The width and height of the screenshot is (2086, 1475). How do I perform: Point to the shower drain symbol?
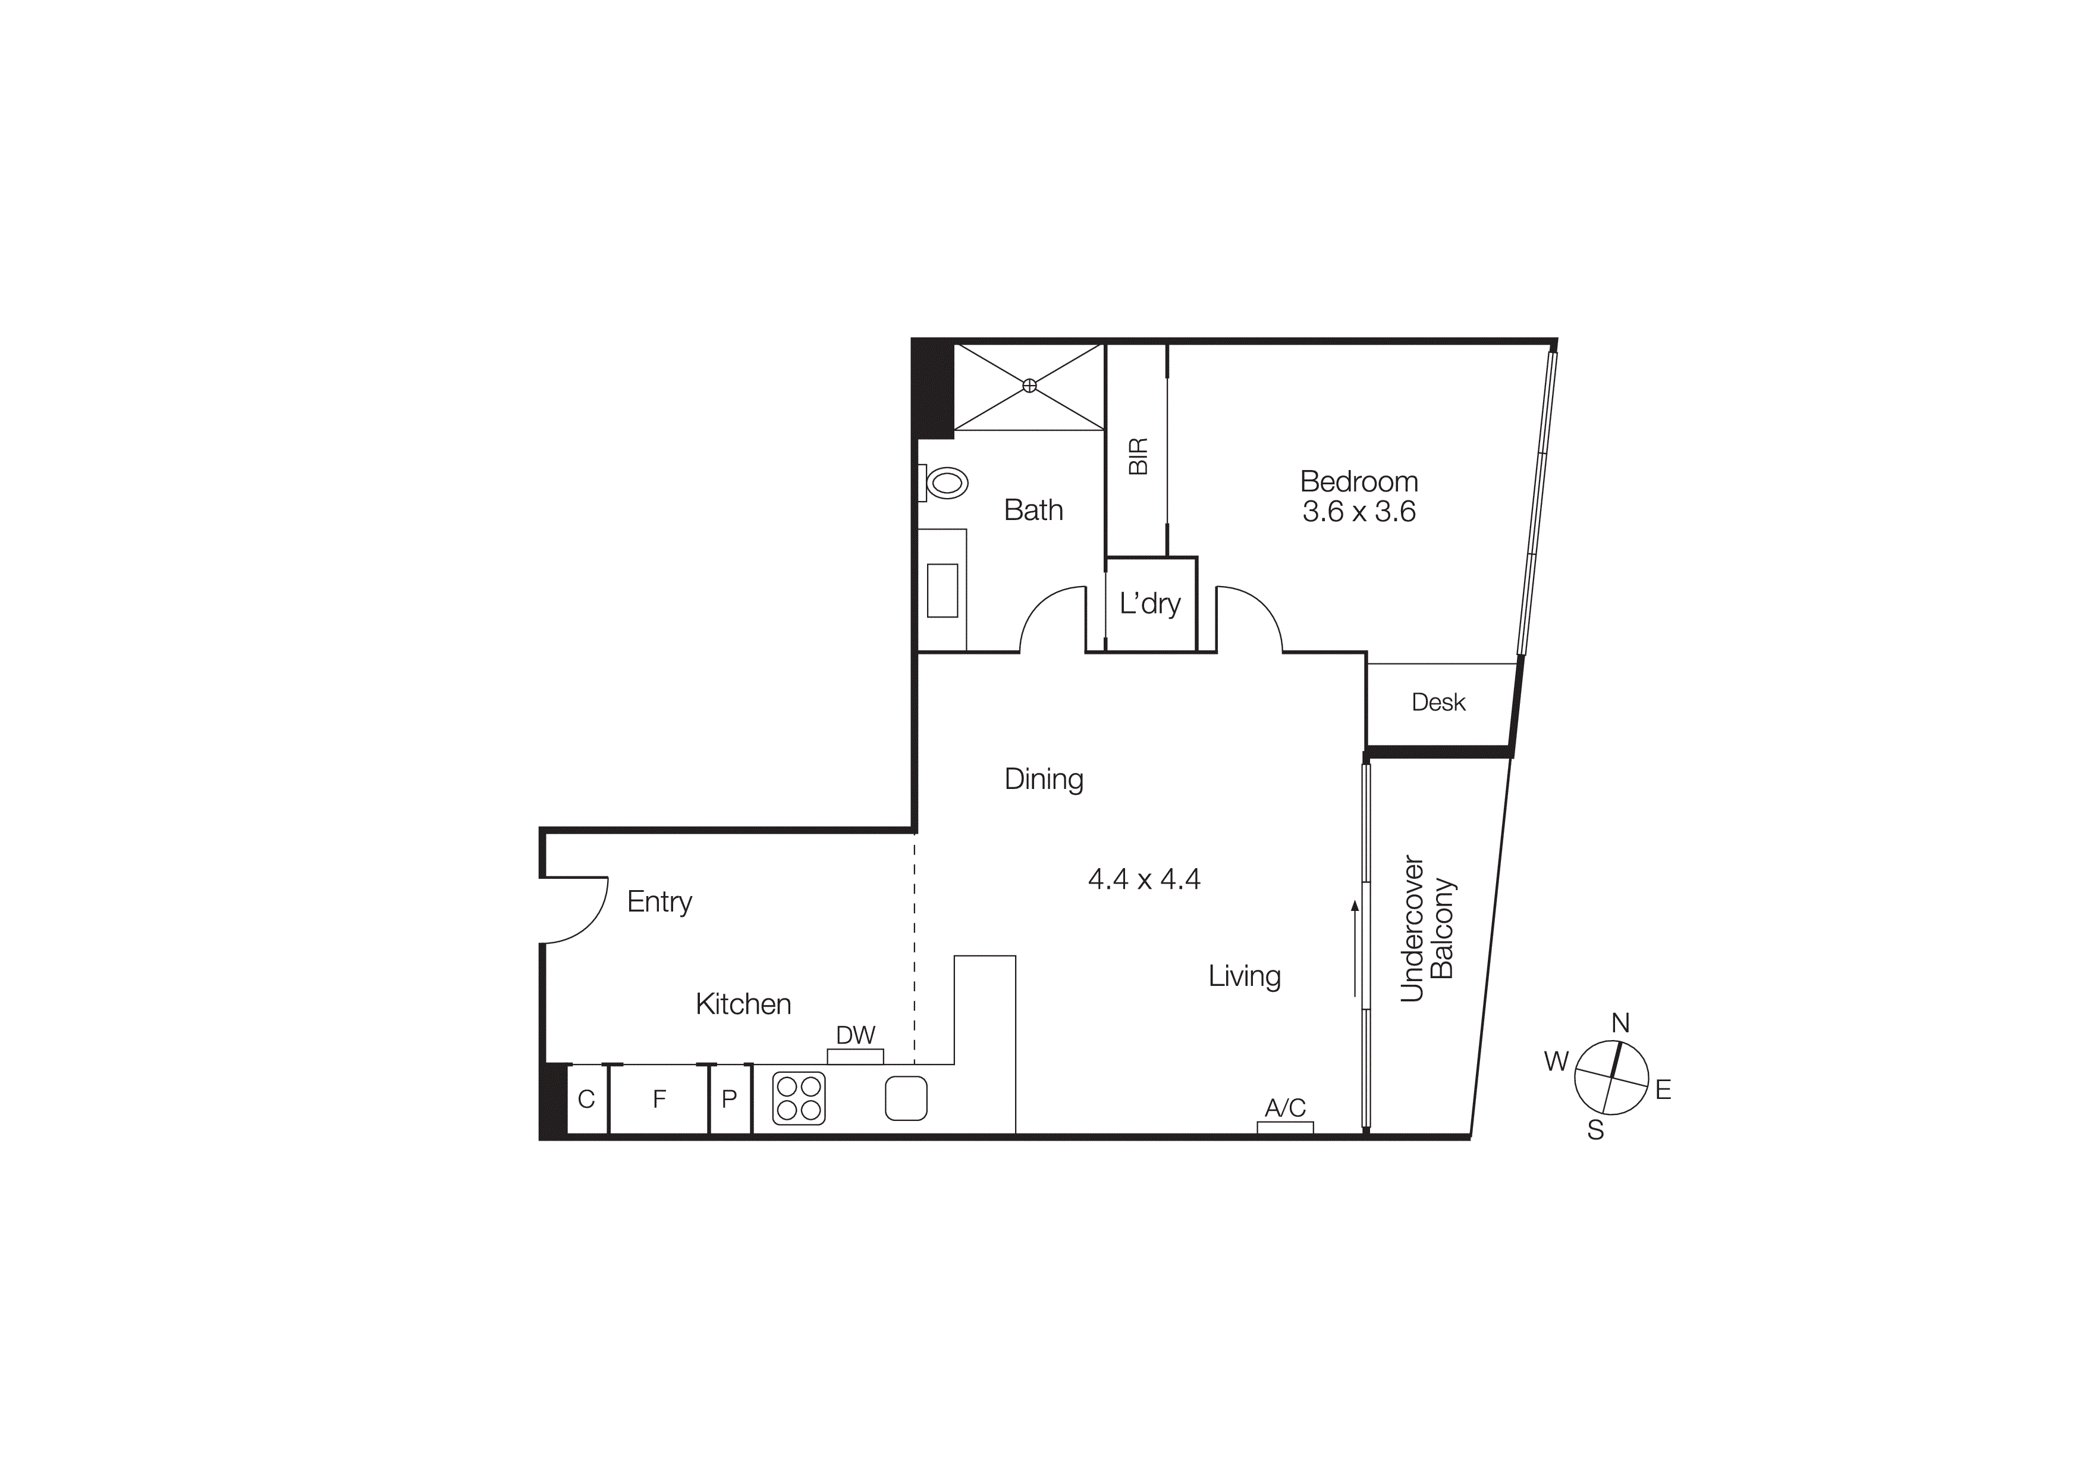[x=1029, y=386]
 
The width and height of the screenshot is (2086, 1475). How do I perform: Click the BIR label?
[x=1138, y=456]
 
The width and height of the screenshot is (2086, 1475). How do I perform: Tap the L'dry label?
[x=1149, y=603]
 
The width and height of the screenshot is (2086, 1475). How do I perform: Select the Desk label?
[x=1438, y=702]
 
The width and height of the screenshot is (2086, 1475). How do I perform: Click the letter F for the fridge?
[x=659, y=1099]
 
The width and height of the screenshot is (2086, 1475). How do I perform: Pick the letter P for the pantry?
[x=728, y=1099]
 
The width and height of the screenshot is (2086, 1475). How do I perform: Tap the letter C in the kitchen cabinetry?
[x=586, y=1099]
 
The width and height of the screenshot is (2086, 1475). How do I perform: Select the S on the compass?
[x=1595, y=1130]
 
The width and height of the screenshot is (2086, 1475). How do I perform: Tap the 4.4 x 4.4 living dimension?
[x=1144, y=879]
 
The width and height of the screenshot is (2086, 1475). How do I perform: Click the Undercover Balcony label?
[x=1427, y=928]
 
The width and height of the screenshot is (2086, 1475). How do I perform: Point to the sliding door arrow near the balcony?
[x=1354, y=949]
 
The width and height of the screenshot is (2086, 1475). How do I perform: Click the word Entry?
[x=659, y=901]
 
